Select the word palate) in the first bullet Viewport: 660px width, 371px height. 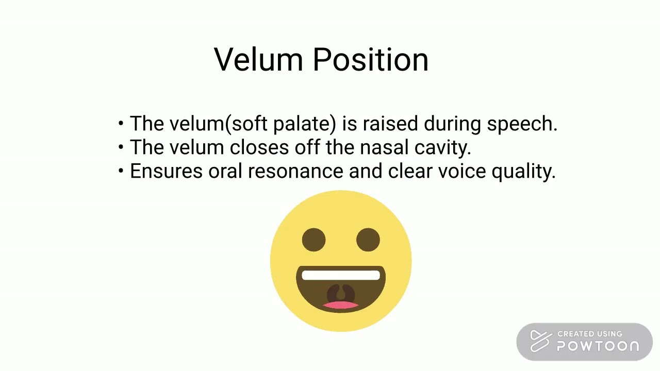pos(304,124)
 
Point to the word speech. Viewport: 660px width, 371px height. pos(522,124)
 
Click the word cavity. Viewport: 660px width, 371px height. pos(443,148)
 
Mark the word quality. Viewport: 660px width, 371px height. pos(523,172)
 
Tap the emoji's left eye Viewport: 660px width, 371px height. pos(313,240)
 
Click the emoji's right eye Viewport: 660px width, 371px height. pos(368,240)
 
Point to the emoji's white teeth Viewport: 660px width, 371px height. pos(341,276)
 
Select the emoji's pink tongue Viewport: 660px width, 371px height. pos(341,305)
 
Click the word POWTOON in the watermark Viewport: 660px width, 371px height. pos(598,346)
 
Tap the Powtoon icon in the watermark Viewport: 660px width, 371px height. pos(540,341)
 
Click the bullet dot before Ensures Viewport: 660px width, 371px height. pos(121,172)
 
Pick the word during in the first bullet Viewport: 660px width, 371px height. pos(452,124)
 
